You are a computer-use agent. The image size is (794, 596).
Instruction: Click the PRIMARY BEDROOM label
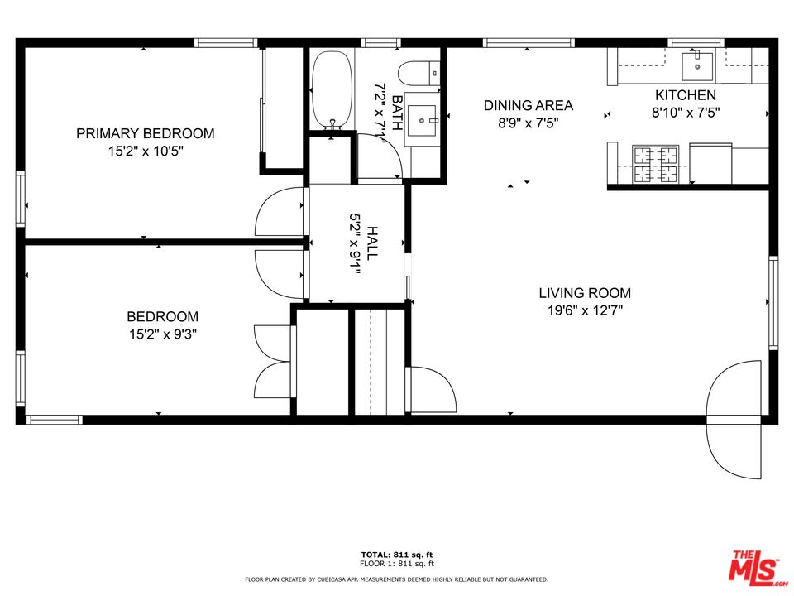[146, 133]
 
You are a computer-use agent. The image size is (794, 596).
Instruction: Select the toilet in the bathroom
[420, 74]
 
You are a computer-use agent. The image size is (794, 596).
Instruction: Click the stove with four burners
[656, 164]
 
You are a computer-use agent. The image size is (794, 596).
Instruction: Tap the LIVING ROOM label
[585, 293]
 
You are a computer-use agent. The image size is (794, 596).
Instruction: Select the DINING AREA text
[528, 105]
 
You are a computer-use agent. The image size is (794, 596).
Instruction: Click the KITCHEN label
[686, 95]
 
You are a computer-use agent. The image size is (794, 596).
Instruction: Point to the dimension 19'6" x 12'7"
[585, 311]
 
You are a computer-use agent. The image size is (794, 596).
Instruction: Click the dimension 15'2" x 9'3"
[162, 334]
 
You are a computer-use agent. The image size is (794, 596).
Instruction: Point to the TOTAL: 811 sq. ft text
[397, 554]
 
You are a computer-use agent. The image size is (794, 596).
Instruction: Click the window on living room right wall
[773, 302]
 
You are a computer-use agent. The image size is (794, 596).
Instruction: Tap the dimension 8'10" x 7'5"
[686, 113]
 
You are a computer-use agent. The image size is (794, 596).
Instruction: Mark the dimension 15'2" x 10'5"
[146, 151]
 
